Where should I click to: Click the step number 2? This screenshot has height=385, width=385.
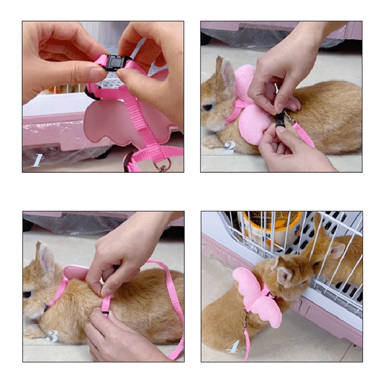pyautogui.click(x=229, y=147)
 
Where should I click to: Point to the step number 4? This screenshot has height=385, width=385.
pyautogui.click(x=232, y=347)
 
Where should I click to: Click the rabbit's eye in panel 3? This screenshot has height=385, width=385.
pyautogui.click(x=27, y=295)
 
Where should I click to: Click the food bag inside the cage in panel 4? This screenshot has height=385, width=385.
pyautogui.click(x=269, y=227)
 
